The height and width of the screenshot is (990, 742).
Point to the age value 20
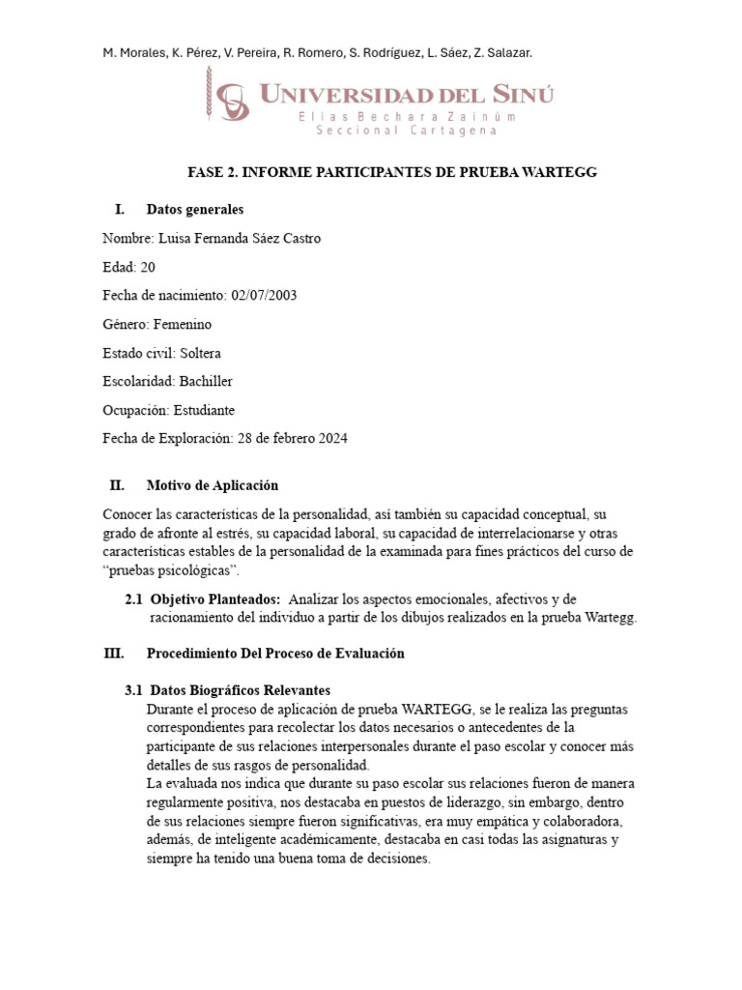click(147, 267)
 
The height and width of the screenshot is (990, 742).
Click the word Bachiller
click(206, 381)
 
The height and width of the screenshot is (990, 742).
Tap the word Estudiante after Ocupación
click(204, 410)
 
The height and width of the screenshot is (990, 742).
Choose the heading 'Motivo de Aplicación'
click(212, 485)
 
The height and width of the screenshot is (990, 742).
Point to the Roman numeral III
click(114, 654)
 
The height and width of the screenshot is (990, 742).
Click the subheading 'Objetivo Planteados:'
click(215, 599)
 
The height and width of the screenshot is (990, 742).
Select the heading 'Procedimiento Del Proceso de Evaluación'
click(275, 654)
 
